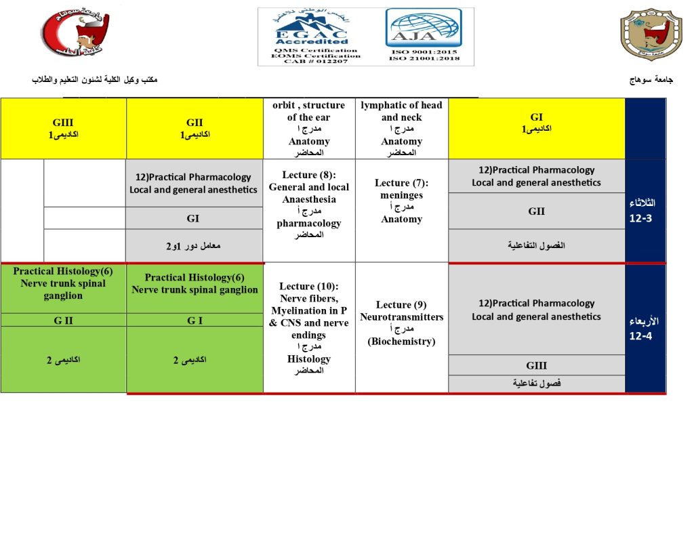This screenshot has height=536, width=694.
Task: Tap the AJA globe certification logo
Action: [x=424, y=28]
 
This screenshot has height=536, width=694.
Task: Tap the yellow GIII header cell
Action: [x=63, y=128]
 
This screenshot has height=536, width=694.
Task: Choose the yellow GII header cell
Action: [x=195, y=128]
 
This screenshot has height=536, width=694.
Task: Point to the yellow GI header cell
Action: [x=536, y=122]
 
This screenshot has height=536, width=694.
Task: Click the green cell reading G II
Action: [x=63, y=321]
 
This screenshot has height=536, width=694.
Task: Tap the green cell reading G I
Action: [x=195, y=321]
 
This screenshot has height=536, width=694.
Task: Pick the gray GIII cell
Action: [x=536, y=366]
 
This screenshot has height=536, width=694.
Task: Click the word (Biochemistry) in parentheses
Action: [x=401, y=342]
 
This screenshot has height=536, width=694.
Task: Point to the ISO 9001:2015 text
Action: [x=424, y=51]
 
